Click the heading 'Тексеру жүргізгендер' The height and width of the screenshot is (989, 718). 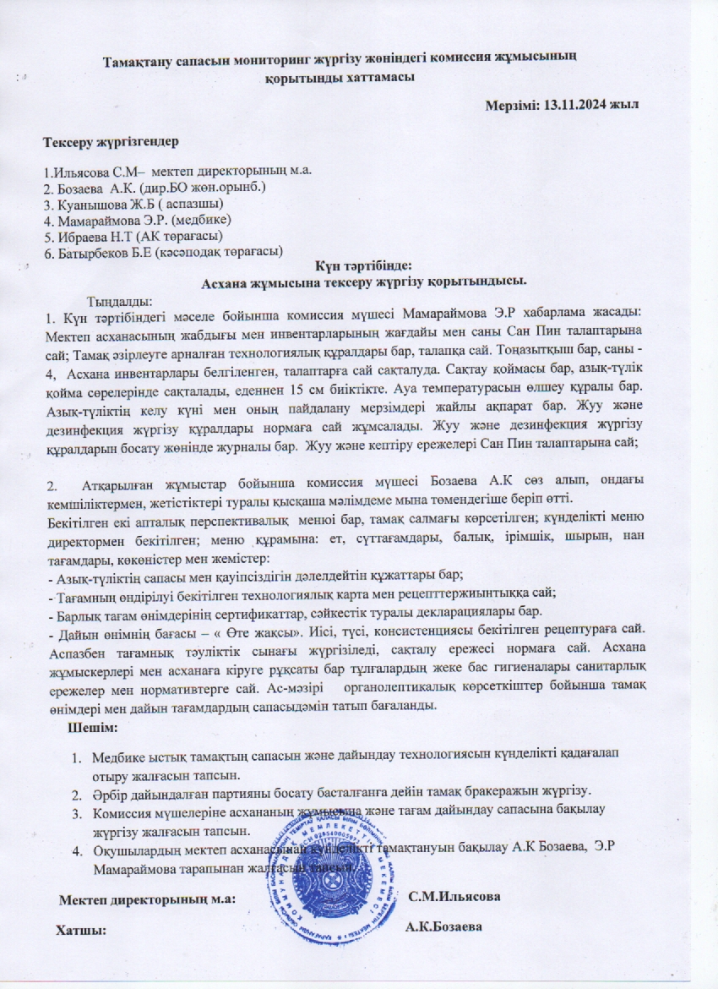[111, 139]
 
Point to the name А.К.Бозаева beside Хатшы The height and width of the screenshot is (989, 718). [444, 926]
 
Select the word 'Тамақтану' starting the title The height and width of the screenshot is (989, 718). [139, 61]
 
